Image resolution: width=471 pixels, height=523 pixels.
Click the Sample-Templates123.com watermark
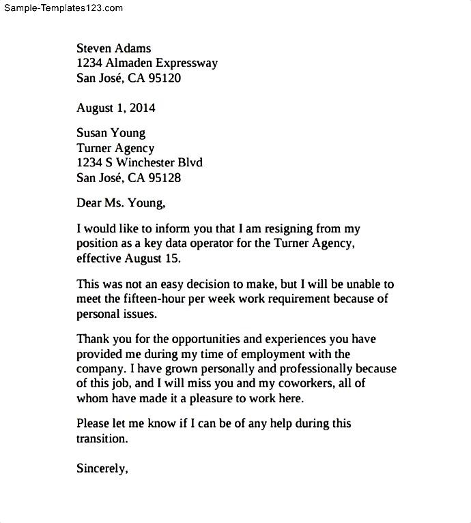point(63,8)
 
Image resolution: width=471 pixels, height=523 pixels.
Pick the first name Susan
point(93,133)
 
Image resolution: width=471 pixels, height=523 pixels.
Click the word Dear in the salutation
point(89,203)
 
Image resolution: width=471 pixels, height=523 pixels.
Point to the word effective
point(99,258)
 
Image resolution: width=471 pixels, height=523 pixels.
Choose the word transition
point(101,438)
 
